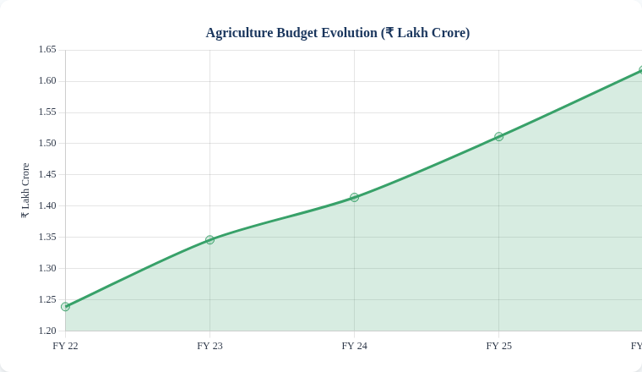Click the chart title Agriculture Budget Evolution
[x=338, y=33]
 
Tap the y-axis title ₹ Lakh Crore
[x=25, y=190]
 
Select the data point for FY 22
[x=66, y=307]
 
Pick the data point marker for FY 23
[x=210, y=240]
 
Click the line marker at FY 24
[x=355, y=197]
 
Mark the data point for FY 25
[x=499, y=136]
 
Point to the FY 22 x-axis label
[x=65, y=346]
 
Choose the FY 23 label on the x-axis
[x=209, y=346]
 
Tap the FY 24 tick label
[x=354, y=346]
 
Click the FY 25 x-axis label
[x=498, y=346]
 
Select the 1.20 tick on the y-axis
[x=47, y=331]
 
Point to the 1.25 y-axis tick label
[x=47, y=299]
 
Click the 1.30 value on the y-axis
[x=47, y=268]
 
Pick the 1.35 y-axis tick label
[x=47, y=237]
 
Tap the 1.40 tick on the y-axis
[x=47, y=205]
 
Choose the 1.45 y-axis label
[x=47, y=174]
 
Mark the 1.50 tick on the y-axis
[x=47, y=143]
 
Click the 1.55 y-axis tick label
[x=47, y=112]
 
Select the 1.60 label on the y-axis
[x=47, y=80]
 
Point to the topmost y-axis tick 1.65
[x=47, y=50]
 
